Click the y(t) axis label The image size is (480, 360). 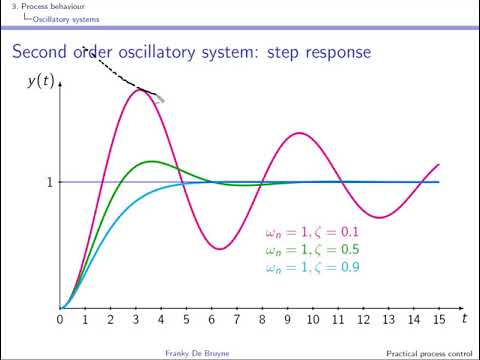point(39,81)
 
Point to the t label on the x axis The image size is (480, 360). point(464,318)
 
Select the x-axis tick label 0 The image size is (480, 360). point(60,320)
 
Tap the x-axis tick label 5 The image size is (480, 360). point(186,320)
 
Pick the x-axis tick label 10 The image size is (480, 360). point(313,320)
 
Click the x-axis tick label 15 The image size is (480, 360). point(439,320)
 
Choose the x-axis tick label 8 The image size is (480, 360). point(262,320)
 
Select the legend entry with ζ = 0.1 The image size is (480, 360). point(312,232)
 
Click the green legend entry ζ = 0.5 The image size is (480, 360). point(312,249)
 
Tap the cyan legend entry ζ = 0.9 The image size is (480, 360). point(312,267)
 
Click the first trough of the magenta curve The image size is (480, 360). point(219,249)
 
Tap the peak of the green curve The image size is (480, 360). point(150,161)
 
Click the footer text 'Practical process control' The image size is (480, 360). point(426,353)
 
